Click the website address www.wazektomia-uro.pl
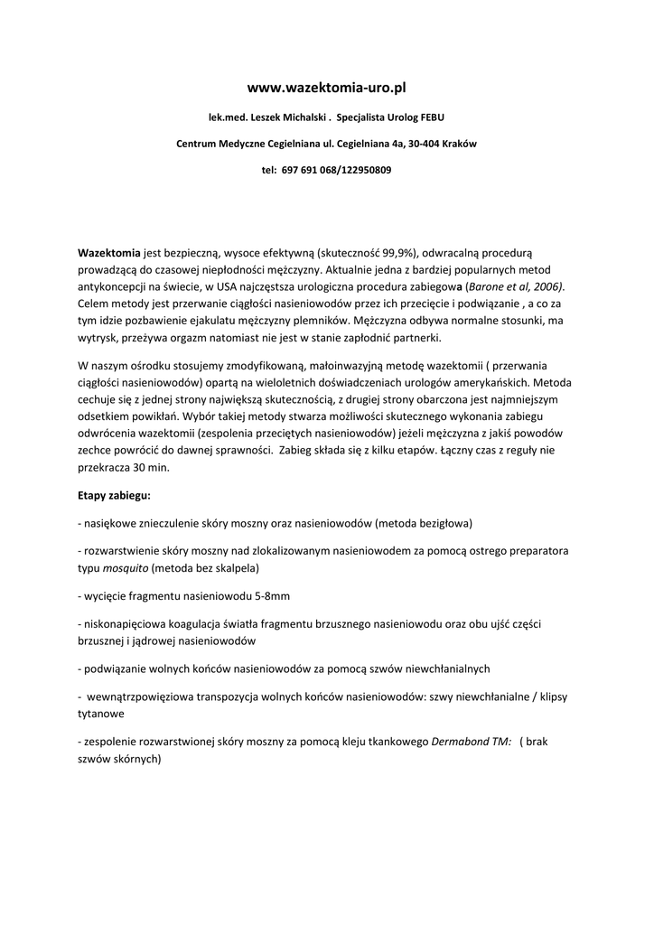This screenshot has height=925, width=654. pyautogui.click(x=327, y=88)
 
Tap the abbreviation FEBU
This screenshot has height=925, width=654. pyautogui.click(x=429, y=117)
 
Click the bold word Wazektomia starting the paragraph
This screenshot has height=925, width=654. pyautogui.click(x=108, y=253)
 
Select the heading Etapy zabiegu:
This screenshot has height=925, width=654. pyautogui.click(x=115, y=496)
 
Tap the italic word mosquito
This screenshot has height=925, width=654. pyautogui.click(x=126, y=568)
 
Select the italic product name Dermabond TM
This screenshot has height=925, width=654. pyautogui.click(x=472, y=742)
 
